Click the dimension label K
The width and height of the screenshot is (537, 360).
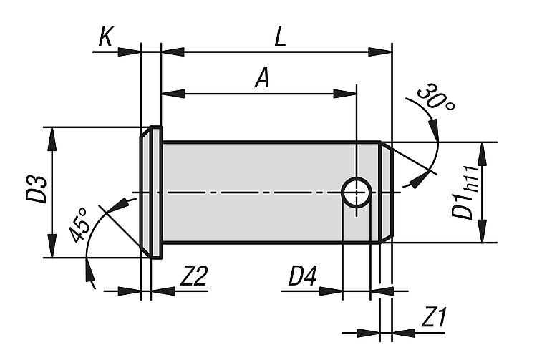tap(105, 37)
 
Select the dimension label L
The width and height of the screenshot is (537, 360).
tap(280, 37)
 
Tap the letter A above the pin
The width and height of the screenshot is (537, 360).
tap(262, 78)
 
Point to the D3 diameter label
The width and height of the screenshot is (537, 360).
tap(36, 190)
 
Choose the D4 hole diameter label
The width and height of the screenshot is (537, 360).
tap(302, 276)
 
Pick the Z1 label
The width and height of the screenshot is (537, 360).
tap(435, 317)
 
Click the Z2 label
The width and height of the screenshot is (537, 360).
tap(194, 276)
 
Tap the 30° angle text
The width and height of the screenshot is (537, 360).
tap(435, 97)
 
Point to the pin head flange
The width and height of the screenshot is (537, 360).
tap(151, 193)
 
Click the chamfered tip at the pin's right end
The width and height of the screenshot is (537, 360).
tap(386, 192)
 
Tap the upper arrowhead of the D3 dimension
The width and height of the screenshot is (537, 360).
tap(52, 140)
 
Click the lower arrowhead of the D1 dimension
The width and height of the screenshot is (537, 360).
tap(482, 231)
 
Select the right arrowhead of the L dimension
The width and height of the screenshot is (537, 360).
tap(379, 52)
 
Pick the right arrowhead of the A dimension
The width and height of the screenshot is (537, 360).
tap(345, 94)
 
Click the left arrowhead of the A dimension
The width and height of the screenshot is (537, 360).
tap(173, 94)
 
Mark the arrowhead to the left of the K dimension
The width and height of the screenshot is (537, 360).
tap(130, 52)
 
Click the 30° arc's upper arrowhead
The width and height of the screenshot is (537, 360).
tap(434, 129)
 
